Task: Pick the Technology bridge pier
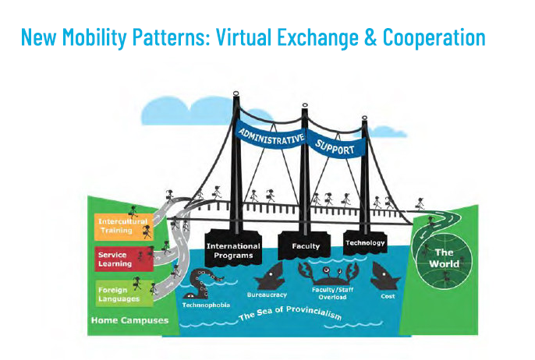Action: click(x=365, y=242)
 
